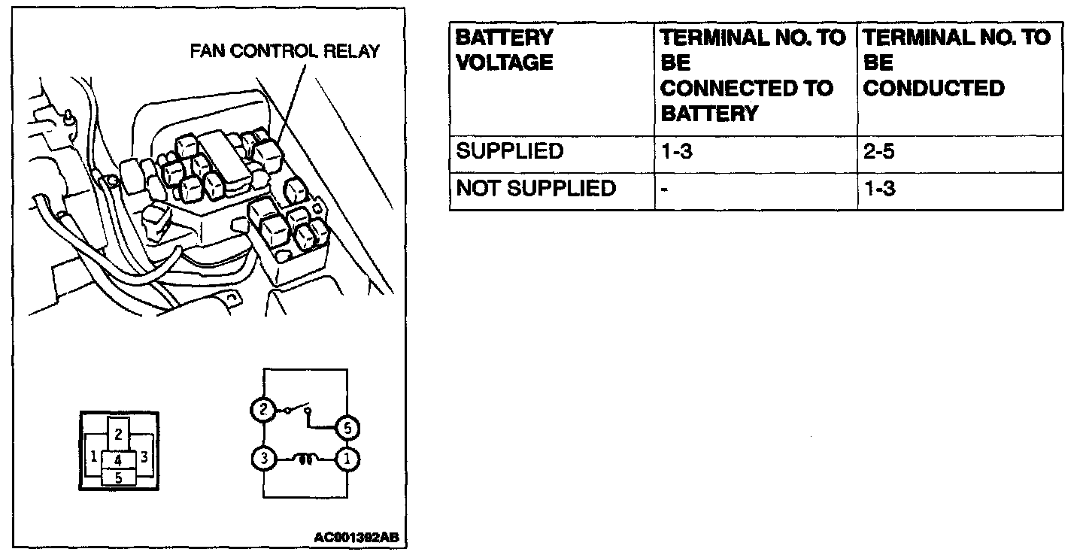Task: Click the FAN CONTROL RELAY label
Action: click(285, 52)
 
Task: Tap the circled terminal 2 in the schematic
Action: click(262, 410)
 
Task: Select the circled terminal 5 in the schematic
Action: click(347, 428)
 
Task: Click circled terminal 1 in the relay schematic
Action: click(347, 458)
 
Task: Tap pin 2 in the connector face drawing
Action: click(119, 432)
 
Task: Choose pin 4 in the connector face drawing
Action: click(118, 459)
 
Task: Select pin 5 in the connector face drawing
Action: click(118, 476)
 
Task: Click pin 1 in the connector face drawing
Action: click(93, 456)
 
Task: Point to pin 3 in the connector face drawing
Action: click(144, 456)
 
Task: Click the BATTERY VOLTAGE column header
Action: click(505, 50)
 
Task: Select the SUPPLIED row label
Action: click(510, 150)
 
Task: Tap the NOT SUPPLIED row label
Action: click(535, 188)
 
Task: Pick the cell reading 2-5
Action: click(879, 150)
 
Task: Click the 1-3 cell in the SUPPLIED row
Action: click(676, 150)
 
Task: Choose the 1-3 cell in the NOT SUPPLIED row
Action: click(879, 188)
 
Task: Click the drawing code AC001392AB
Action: click(356, 538)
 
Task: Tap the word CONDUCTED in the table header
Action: click(933, 88)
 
